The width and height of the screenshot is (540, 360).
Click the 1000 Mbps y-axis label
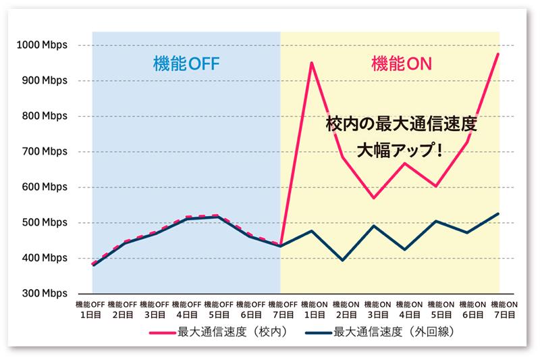42,45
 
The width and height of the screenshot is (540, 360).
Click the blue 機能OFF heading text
186,64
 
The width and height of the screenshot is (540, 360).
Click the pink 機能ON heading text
401,64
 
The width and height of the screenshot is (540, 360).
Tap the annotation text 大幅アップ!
401,149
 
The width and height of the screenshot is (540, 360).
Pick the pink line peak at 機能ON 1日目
311,63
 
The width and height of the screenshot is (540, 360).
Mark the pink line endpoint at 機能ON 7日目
498,53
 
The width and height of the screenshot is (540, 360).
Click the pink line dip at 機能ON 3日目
373,198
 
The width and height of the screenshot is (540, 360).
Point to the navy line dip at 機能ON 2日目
342,260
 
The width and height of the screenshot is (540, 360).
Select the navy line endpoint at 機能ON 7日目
498,213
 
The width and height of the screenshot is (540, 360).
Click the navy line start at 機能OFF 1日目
92,265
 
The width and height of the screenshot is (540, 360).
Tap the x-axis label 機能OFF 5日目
217,309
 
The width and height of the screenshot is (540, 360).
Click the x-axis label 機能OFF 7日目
280,309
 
